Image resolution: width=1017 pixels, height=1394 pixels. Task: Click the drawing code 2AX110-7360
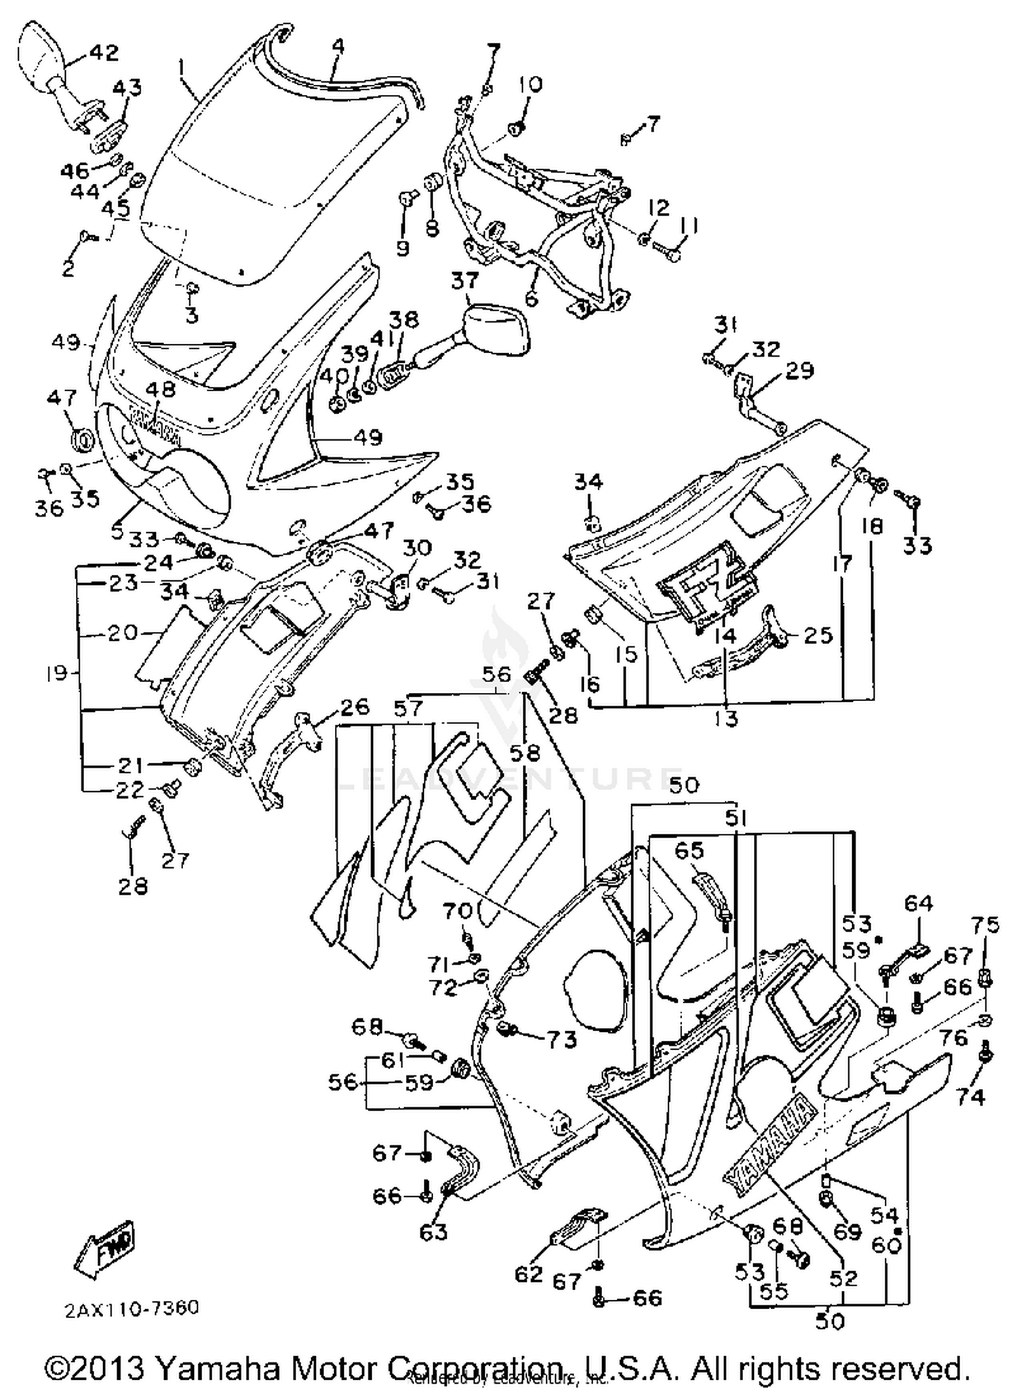(x=132, y=1308)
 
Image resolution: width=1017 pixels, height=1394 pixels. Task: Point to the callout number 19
(x=58, y=673)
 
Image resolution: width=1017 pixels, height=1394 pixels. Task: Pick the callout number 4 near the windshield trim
(x=338, y=46)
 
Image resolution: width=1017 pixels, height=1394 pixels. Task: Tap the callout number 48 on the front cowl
(x=161, y=389)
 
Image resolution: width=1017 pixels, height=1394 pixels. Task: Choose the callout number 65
(x=690, y=850)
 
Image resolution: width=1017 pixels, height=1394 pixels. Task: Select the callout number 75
(x=985, y=924)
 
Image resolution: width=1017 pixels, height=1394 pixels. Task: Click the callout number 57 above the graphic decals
(x=407, y=709)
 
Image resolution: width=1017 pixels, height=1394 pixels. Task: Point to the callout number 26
(x=354, y=706)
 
